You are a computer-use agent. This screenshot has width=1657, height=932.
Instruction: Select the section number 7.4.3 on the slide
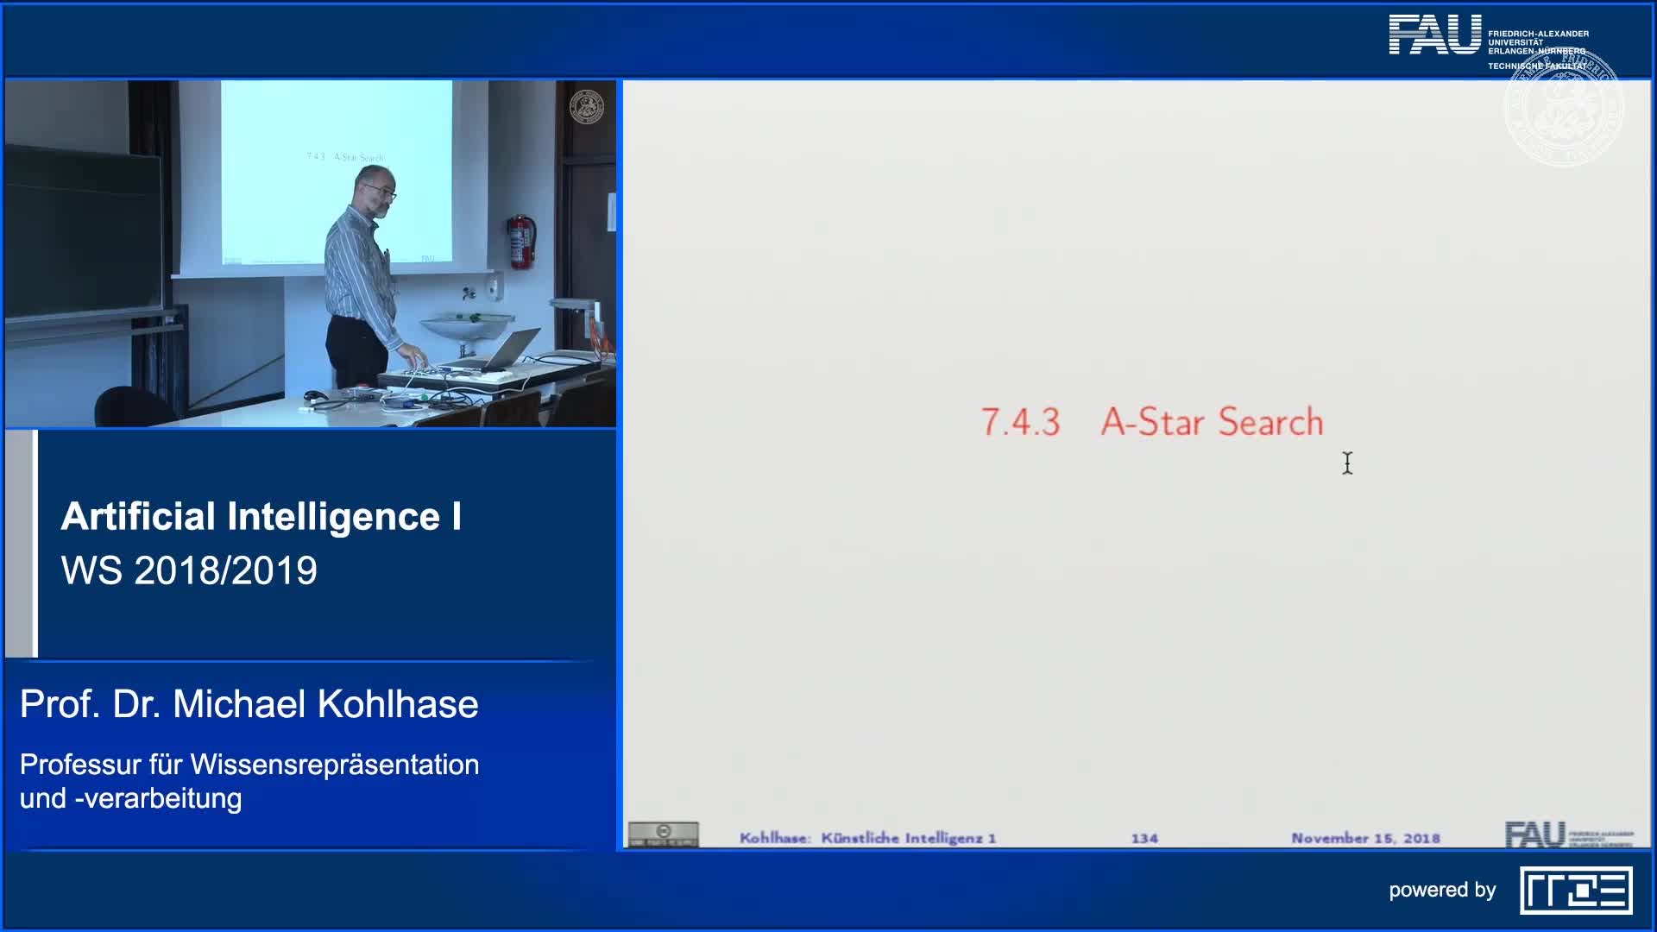1020,422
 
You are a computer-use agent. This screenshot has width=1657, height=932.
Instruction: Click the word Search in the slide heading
1270,422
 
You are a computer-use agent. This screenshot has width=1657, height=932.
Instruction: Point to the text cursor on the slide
1347,463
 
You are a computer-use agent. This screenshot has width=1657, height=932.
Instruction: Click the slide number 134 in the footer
1144,838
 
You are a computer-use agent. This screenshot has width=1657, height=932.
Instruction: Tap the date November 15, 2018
1365,838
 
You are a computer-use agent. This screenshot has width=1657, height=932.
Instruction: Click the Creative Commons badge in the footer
663,834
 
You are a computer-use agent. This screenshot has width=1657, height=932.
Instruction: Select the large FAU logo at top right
1434,35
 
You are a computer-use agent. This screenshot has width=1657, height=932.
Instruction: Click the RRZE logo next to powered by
1576,891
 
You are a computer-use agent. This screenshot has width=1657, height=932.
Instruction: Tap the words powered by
1442,891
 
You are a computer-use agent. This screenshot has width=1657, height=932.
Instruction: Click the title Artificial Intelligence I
261,517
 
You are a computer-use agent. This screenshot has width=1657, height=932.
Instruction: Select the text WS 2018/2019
189,570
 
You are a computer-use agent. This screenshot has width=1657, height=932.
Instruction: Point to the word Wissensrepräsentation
334,765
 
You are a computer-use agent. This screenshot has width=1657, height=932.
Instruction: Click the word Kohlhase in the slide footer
774,838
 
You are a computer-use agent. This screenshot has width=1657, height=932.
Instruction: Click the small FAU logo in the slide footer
1534,834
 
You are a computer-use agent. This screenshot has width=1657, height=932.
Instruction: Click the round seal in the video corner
587,107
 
